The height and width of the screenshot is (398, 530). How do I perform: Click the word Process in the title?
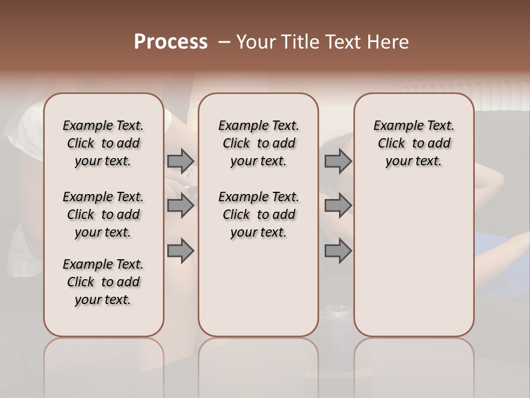tap(171, 42)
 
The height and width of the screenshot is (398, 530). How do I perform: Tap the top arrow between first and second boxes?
tap(181, 161)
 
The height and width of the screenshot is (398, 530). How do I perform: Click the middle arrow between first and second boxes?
tap(181, 206)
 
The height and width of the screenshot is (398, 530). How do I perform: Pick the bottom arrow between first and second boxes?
tap(181, 251)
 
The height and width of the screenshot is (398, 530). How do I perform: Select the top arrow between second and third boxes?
tap(338, 161)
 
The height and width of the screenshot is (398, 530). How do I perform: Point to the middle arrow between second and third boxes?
tap(338, 206)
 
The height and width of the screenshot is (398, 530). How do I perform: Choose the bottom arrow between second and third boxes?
tap(338, 251)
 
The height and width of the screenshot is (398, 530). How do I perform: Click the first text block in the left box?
tap(103, 143)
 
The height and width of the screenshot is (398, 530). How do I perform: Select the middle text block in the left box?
tap(103, 214)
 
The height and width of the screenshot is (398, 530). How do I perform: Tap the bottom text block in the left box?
tap(103, 282)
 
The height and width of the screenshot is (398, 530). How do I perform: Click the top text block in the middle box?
tap(258, 143)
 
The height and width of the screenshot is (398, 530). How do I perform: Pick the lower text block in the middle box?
tap(258, 214)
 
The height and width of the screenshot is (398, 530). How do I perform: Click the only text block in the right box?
tap(414, 143)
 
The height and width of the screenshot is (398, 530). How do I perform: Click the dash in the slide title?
tap(224, 42)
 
